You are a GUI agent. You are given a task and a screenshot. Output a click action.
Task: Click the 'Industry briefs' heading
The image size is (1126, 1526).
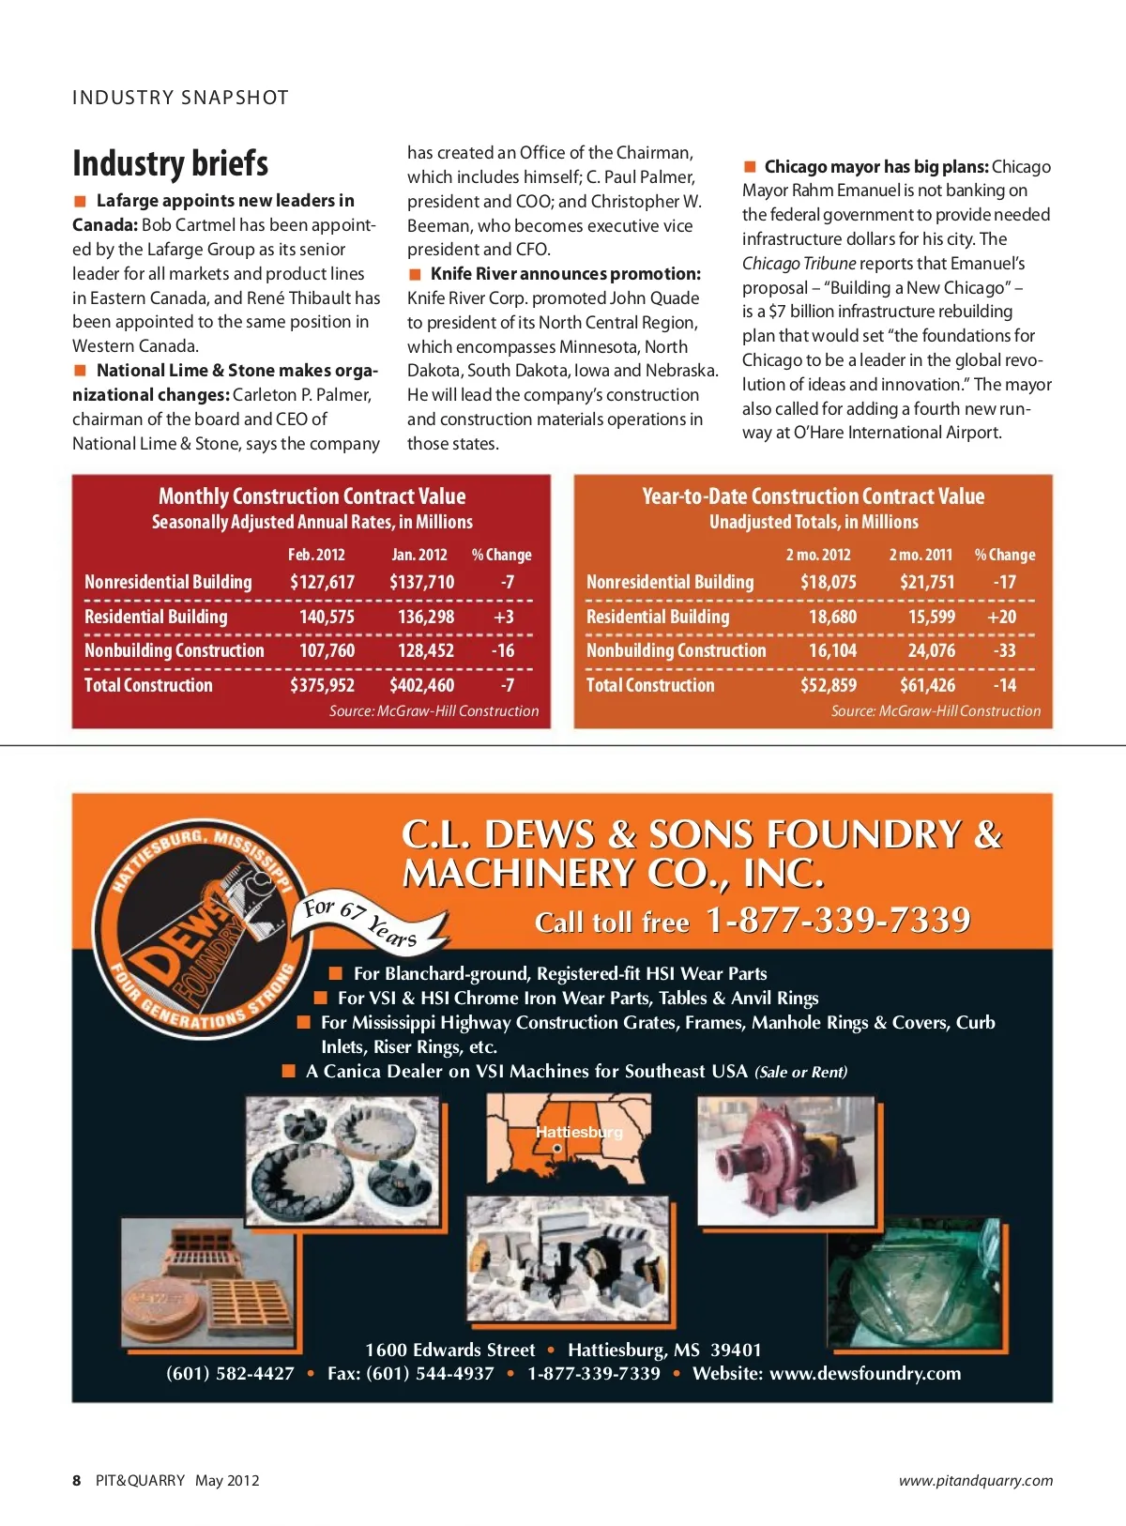170,163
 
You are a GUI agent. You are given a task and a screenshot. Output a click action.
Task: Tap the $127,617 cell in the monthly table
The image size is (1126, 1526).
322,582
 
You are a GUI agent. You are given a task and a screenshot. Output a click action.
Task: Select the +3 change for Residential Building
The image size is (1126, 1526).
504,617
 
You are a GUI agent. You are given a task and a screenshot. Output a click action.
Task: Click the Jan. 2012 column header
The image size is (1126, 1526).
418,555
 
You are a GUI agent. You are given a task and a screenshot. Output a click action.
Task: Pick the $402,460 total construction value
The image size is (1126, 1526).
421,685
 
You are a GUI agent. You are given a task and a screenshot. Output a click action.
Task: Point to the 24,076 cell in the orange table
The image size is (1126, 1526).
931,650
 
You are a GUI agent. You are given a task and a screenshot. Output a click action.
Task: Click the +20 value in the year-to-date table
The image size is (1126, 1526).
1001,617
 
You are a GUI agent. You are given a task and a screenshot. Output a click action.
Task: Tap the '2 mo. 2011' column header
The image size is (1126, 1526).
921,555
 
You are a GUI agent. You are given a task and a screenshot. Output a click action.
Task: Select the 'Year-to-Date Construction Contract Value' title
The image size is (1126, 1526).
813,496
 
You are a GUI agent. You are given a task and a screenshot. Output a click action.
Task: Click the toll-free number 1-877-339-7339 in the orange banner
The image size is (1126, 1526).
838,921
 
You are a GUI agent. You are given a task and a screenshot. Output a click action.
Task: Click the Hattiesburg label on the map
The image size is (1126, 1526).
579,1132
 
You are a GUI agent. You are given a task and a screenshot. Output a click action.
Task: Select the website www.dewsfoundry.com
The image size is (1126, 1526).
864,1373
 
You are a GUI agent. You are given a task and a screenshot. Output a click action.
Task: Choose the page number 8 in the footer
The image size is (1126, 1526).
76,1480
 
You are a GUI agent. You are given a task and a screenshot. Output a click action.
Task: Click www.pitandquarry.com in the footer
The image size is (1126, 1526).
975,1480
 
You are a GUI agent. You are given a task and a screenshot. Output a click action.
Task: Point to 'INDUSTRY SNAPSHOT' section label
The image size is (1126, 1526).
180,98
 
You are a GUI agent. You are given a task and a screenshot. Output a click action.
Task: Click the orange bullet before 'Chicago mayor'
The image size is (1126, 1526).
750,167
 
